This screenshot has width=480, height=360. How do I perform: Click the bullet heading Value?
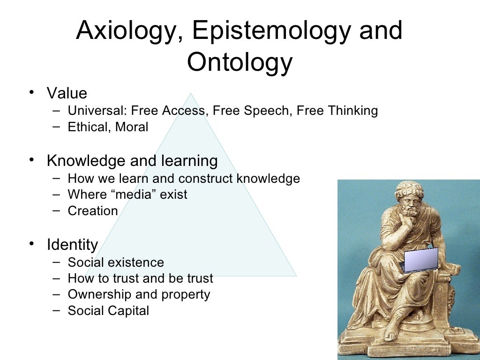[x=67, y=93]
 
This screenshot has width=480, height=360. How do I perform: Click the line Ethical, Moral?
[x=108, y=127]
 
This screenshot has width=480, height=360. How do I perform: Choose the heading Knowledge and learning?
[x=132, y=161]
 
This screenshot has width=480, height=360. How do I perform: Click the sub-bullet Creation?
[x=93, y=210]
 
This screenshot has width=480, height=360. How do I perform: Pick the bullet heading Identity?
[x=72, y=245]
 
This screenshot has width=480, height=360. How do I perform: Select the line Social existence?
[x=116, y=262]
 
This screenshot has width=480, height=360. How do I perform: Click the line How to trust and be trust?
[x=140, y=278]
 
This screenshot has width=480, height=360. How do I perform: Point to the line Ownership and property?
[x=139, y=294]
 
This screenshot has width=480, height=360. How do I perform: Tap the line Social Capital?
[x=108, y=310]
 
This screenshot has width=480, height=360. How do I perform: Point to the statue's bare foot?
[x=389, y=335]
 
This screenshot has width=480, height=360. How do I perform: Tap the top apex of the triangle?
[x=190, y=94]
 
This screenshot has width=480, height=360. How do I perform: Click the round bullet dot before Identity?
[x=31, y=243]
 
